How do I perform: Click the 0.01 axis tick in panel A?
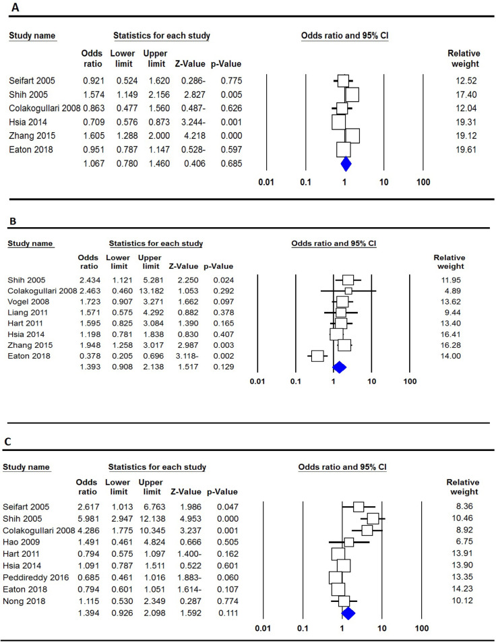[267, 181]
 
